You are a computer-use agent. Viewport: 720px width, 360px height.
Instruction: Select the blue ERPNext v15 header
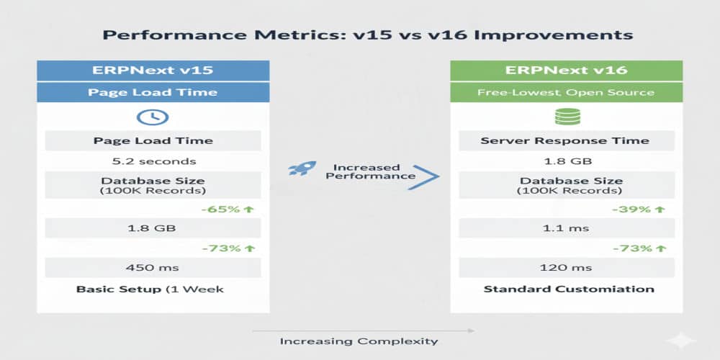(153, 70)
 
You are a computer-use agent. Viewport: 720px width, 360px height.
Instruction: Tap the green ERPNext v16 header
(565, 70)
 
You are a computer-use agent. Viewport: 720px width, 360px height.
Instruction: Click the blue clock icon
(153, 117)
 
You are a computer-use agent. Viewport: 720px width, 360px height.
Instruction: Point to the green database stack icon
(565, 117)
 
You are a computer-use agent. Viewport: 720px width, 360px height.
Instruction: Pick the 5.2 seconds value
(153, 161)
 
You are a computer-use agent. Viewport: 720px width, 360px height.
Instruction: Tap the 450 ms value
(153, 267)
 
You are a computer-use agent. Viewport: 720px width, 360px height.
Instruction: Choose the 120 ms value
(565, 267)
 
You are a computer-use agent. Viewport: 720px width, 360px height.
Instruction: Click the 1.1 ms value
(565, 228)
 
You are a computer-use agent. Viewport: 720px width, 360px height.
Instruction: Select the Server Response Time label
(565, 140)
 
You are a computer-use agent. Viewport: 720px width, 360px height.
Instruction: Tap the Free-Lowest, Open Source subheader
(565, 92)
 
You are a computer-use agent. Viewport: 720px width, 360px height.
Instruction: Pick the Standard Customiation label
(569, 289)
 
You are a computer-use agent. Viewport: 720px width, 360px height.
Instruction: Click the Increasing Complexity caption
(359, 341)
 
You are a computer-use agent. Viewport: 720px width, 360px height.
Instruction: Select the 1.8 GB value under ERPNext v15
(153, 228)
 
